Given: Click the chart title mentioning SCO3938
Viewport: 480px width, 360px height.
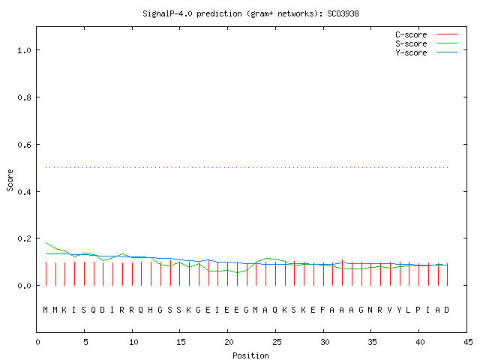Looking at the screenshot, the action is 250,13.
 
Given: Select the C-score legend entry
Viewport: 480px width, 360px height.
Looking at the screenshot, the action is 427,34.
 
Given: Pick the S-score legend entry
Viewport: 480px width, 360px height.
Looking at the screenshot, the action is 427,43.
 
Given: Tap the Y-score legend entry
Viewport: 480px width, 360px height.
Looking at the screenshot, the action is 427,52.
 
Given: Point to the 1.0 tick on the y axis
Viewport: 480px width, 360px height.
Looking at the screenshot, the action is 25,50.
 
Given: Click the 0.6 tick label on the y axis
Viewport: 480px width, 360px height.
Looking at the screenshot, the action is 25,145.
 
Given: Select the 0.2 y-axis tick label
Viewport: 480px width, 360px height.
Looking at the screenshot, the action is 25,238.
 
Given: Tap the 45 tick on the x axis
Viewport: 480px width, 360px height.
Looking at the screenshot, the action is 468,342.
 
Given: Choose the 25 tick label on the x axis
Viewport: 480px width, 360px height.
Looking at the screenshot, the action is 277,342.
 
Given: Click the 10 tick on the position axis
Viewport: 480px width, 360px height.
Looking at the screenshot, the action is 133,342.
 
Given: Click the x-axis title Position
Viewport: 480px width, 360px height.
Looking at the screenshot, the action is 250,355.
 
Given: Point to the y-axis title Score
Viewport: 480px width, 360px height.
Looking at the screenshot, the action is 10,181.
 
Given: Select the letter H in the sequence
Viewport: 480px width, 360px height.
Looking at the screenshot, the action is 150,310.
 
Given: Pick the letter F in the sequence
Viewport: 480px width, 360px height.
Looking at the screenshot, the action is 322,310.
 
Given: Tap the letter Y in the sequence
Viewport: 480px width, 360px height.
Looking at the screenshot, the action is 399,310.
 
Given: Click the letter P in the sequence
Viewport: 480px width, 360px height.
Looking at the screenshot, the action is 418,310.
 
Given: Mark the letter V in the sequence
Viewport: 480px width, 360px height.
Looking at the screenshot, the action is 389,310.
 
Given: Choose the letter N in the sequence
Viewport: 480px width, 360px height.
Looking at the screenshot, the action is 370,310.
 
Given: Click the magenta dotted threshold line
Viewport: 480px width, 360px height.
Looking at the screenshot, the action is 247,167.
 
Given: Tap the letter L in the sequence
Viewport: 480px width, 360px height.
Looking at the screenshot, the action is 408,310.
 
